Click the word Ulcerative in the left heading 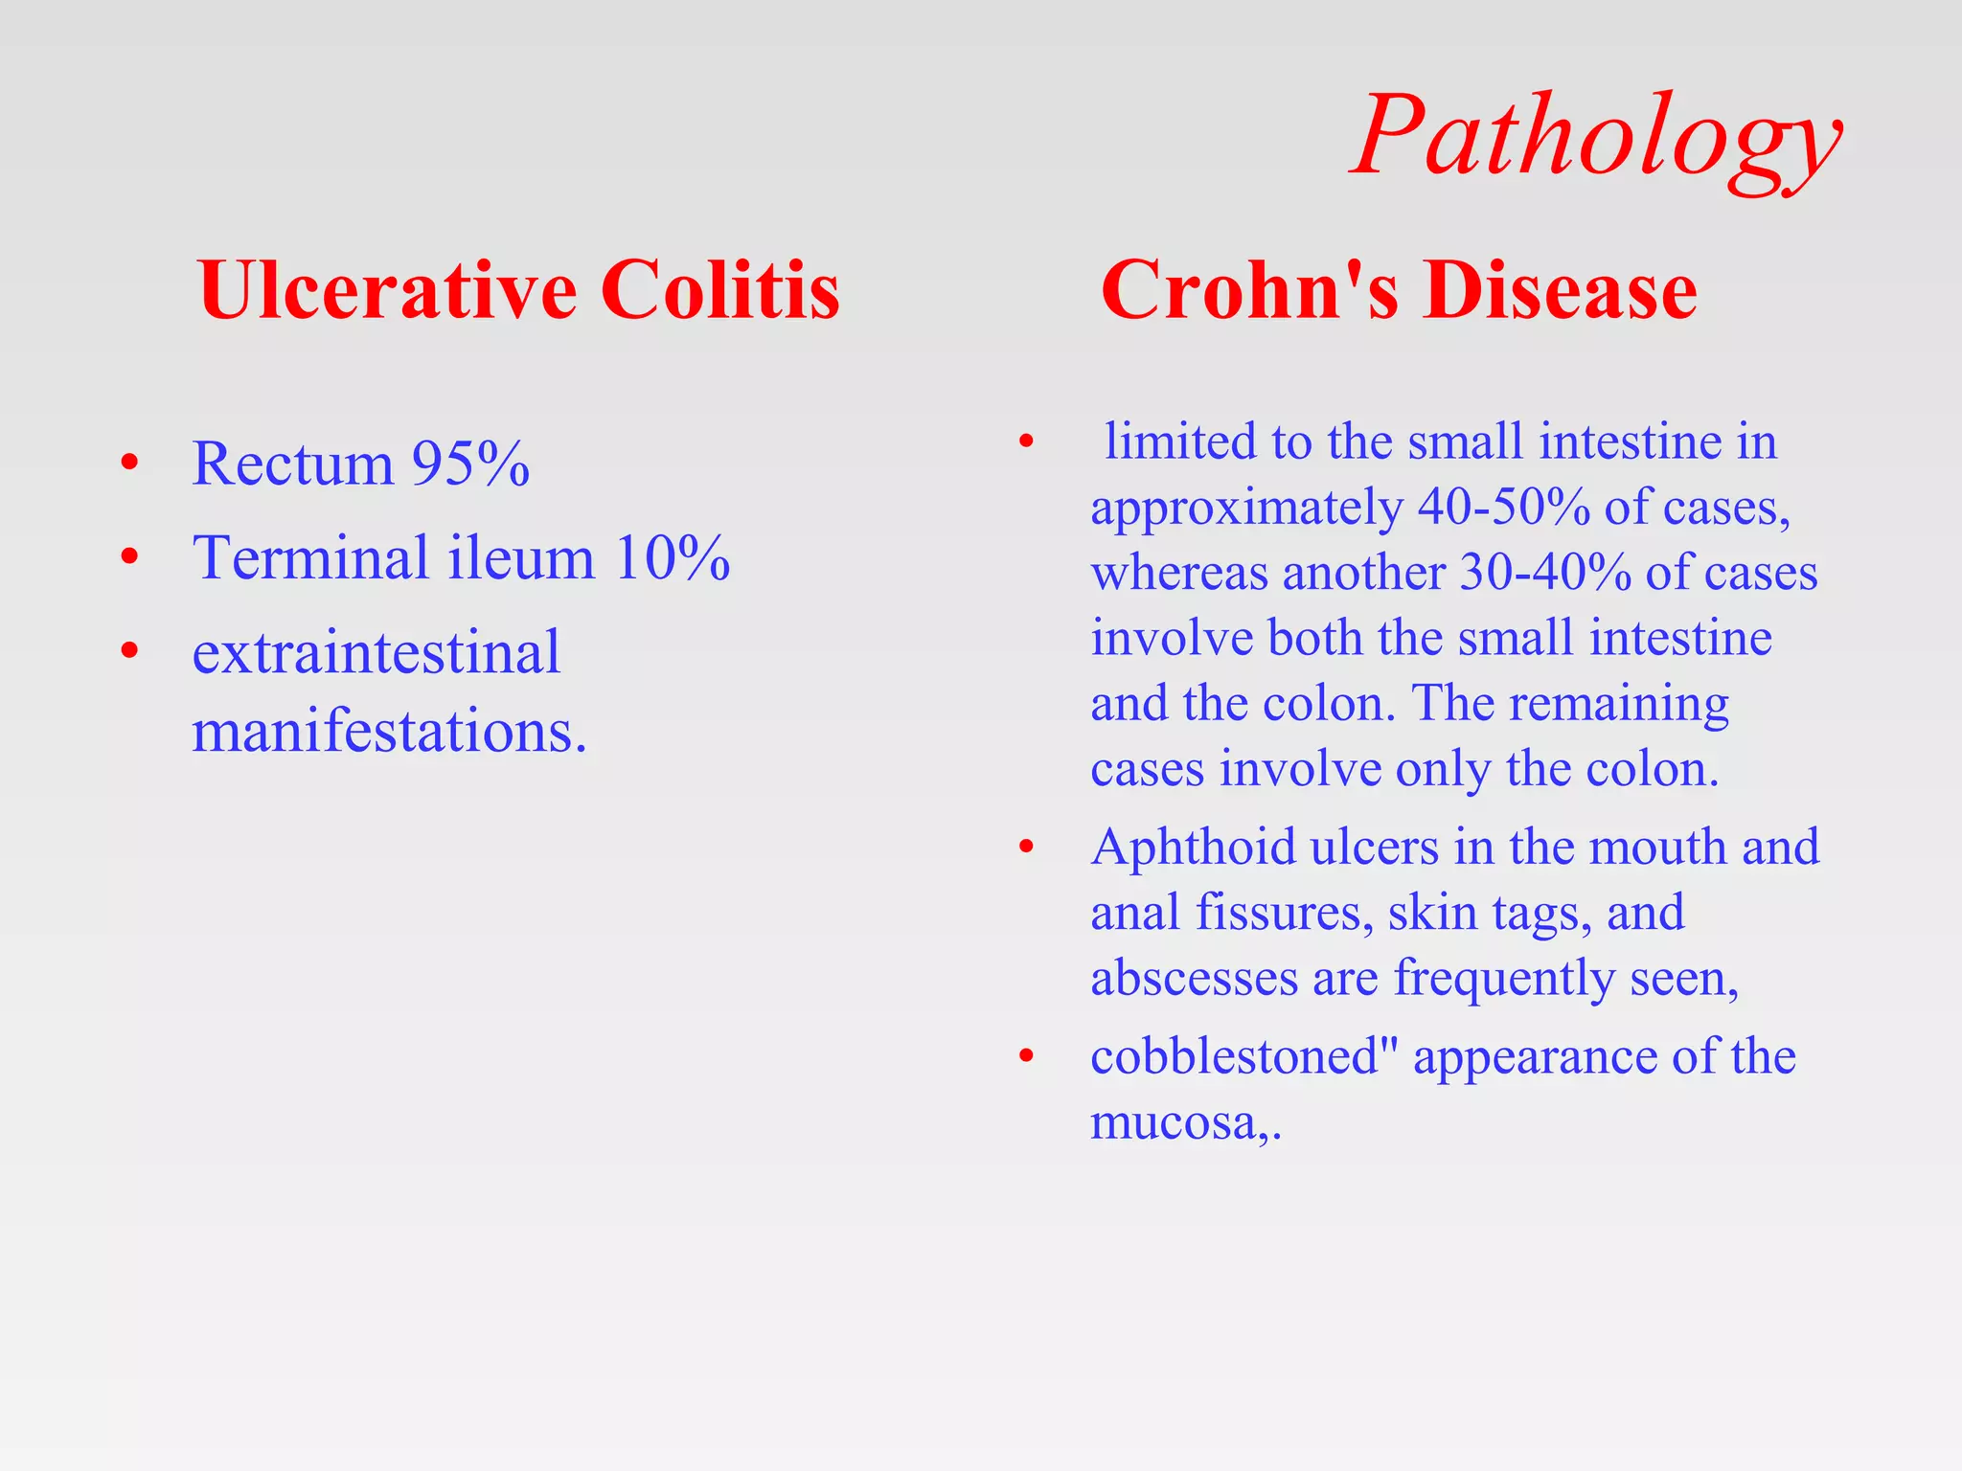tap(387, 290)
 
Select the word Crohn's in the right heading tap(1249, 290)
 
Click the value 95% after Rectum tap(470, 464)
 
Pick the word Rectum tap(292, 464)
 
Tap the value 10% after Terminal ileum tap(672, 557)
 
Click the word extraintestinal tap(376, 653)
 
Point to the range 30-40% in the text tap(1545, 573)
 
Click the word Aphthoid tap(1193, 848)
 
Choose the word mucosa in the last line tap(1175, 1122)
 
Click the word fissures tap(1278, 913)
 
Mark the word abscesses tap(1194, 978)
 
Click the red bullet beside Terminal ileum tap(130, 556)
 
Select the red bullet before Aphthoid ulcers tap(1027, 848)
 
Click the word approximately tap(1246, 508)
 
